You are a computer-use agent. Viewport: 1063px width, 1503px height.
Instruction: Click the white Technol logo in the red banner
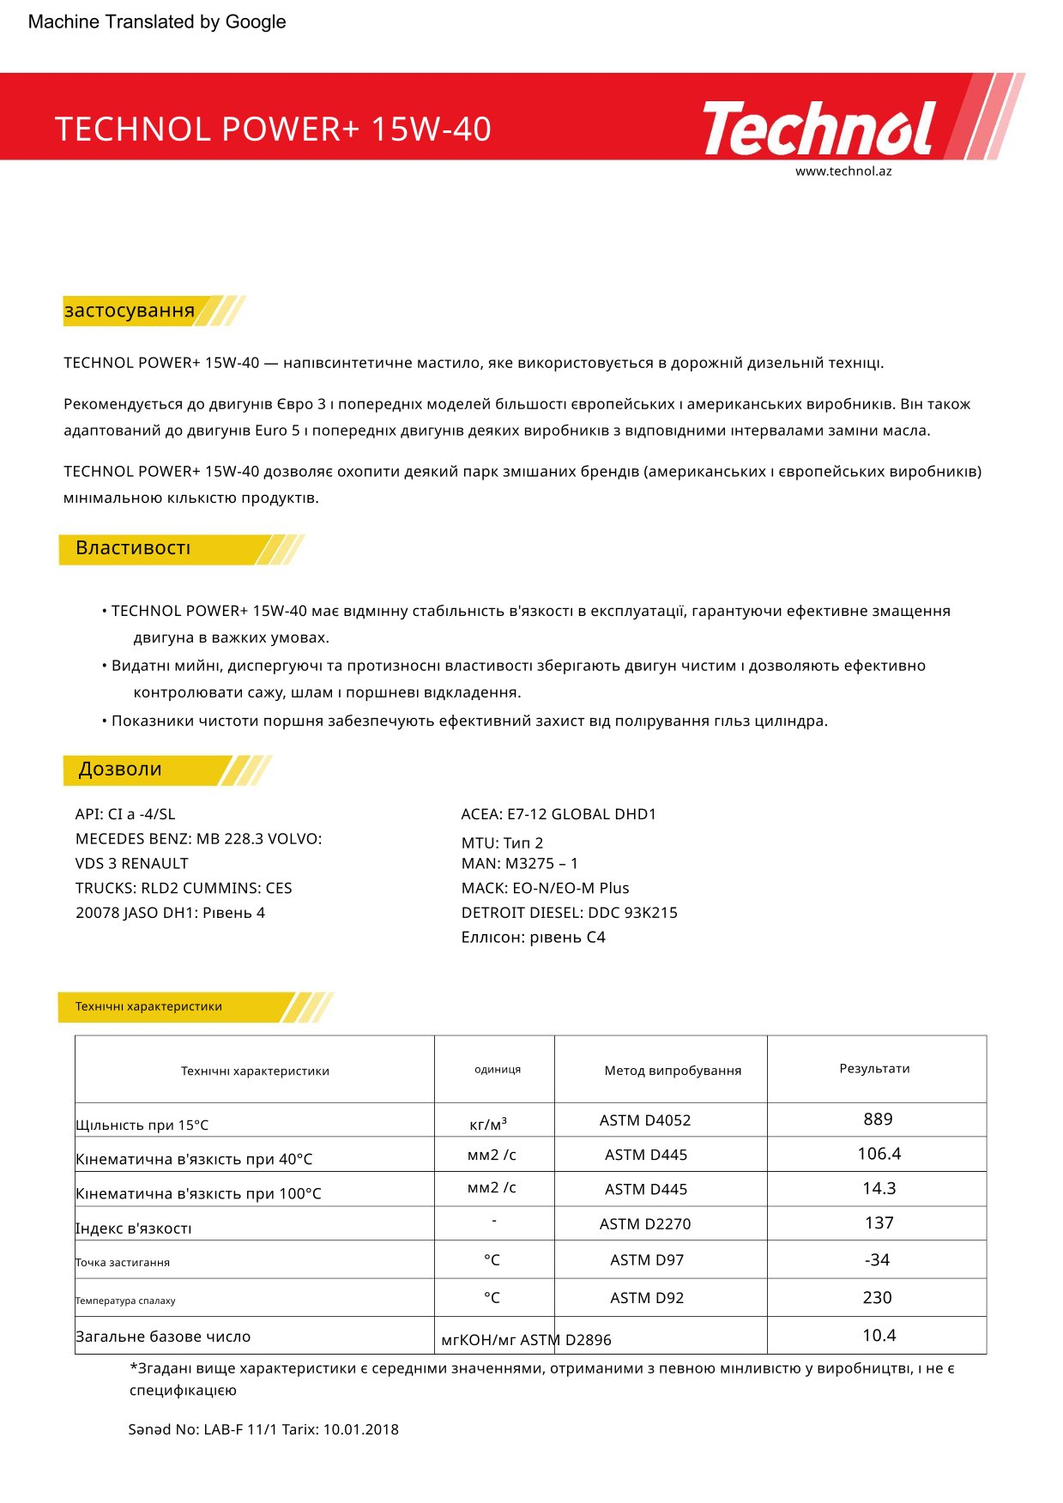tap(818, 129)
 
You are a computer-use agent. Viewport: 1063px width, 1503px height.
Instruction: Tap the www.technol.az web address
tap(843, 171)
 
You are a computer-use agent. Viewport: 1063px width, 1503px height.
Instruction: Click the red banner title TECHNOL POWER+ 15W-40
tap(273, 130)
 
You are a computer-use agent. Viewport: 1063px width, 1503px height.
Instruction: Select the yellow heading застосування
tap(130, 311)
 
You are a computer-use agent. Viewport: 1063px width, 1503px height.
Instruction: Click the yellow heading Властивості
tap(133, 548)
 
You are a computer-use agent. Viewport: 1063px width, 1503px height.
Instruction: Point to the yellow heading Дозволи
tap(120, 770)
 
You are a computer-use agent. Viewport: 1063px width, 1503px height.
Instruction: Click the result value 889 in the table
tap(878, 1120)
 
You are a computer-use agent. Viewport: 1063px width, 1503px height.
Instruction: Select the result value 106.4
tap(879, 1154)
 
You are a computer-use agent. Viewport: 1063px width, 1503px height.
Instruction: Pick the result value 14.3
tap(879, 1188)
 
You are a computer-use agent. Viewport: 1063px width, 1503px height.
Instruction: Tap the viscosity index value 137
tap(879, 1222)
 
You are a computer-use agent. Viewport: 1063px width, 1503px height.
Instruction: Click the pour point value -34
tap(877, 1259)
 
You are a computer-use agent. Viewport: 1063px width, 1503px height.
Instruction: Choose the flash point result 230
tap(877, 1297)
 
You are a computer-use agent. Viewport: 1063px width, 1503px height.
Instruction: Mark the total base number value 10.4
tap(879, 1335)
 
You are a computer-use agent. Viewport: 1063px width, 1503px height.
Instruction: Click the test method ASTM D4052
tap(644, 1120)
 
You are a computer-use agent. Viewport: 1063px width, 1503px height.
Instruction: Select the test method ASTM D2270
tap(644, 1224)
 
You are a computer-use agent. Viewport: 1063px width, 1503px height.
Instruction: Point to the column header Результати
tap(874, 1068)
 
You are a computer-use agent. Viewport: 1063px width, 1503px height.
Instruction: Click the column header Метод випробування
tap(673, 1071)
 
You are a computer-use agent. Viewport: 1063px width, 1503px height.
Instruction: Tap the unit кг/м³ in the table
tap(488, 1124)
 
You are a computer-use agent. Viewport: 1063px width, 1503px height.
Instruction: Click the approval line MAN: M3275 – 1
tap(519, 863)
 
